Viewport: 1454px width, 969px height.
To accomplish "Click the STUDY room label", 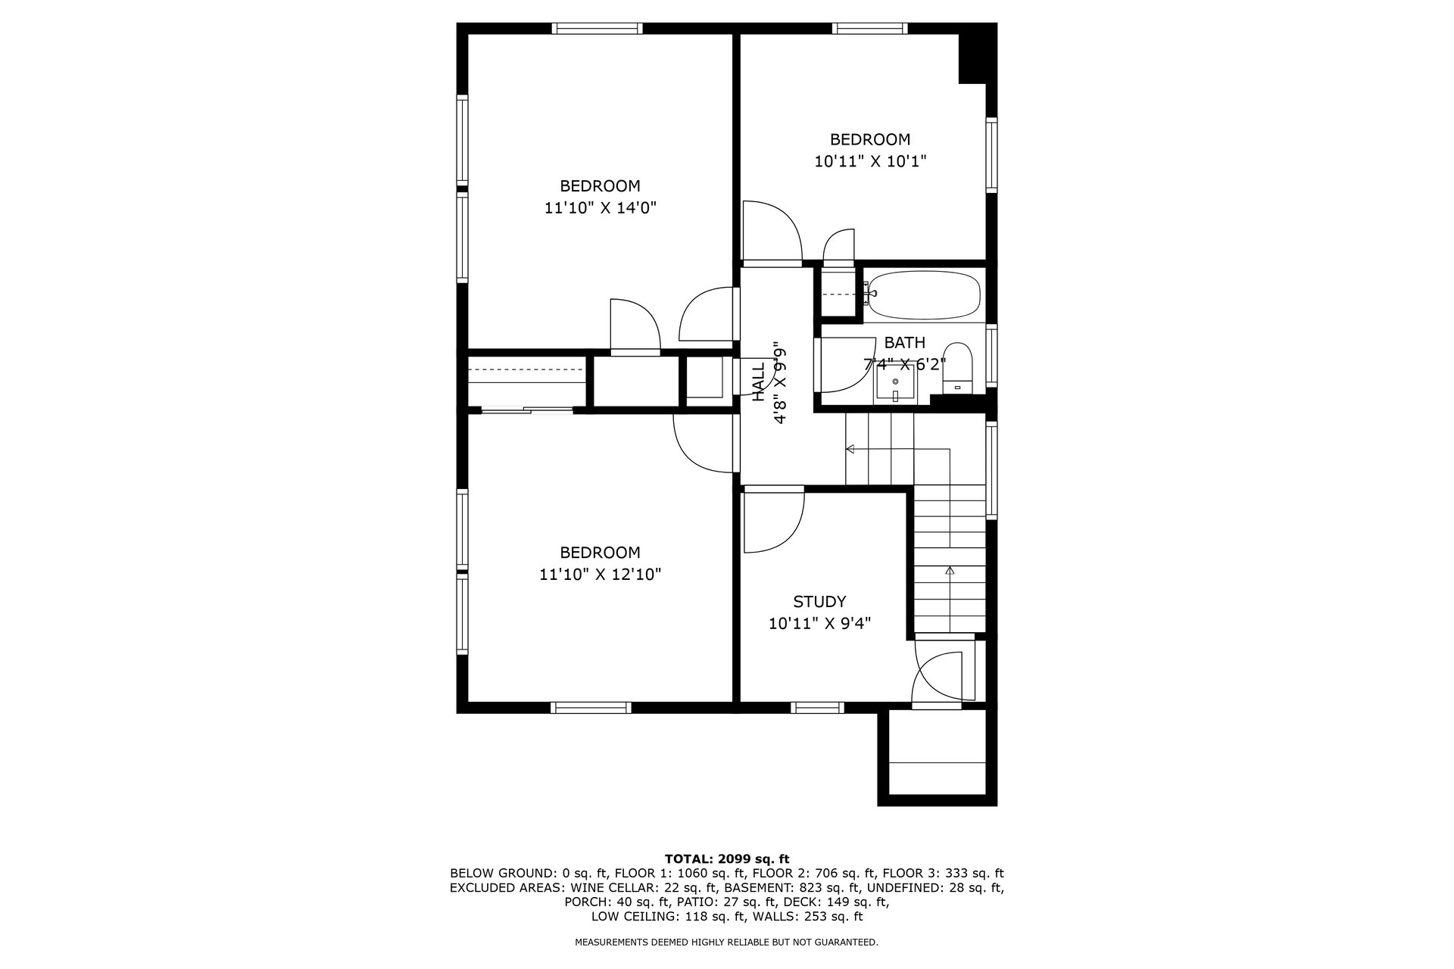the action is [819, 602].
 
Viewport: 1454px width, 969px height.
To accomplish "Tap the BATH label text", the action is [904, 343].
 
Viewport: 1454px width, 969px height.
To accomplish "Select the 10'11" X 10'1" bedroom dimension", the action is [870, 161].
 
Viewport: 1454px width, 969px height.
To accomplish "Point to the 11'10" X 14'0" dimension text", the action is [600, 207].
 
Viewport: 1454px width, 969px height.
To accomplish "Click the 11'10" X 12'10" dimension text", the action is [600, 575].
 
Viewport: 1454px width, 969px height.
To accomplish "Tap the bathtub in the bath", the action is [924, 296].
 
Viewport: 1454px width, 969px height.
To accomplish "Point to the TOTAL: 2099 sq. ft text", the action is [727, 858].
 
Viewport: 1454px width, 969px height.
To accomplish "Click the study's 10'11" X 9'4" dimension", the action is [819, 624].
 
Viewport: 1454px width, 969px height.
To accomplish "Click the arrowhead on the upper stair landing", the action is [850, 450].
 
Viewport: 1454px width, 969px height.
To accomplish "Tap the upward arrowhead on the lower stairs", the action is [950, 570].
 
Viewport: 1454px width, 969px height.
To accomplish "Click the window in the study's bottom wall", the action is [818, 707].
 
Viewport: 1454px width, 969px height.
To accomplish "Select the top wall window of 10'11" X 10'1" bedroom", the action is [869, 29].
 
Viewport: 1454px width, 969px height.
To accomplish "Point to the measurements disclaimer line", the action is [727, 943].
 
